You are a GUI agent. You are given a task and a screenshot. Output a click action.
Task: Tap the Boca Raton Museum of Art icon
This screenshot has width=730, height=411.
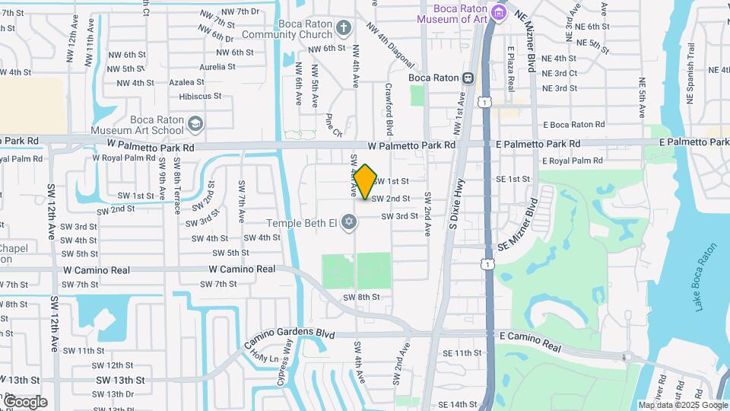[x=498, y=11]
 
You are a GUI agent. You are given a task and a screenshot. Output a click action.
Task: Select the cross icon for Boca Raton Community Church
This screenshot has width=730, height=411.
[x=344, y=29]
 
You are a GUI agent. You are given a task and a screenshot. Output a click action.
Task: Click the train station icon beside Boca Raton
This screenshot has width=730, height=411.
[x=468, y=78]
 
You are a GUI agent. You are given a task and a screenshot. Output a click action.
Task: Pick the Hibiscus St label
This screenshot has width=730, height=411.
[x=200, y=97]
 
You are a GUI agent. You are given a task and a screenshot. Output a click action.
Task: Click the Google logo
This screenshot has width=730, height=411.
[x=24, y=402]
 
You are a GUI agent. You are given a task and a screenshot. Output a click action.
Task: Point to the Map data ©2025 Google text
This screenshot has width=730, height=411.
[x=683, y=405]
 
